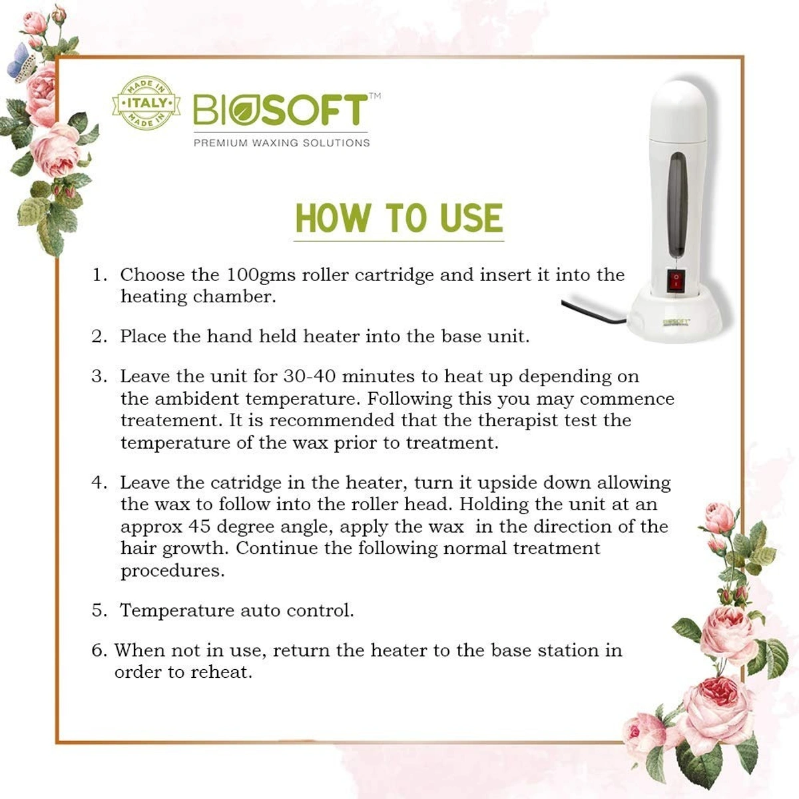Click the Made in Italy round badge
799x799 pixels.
click(x=146, y=104)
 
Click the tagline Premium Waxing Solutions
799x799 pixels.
click(x=281, y=142)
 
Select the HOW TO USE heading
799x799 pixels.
click(x=399, y=218)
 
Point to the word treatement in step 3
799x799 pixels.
click(x=171, y=421)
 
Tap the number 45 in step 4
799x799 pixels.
click(x=199, y=527)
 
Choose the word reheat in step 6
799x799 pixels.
click(x=220, y=672)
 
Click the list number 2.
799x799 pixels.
click(x=99, y=336)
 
